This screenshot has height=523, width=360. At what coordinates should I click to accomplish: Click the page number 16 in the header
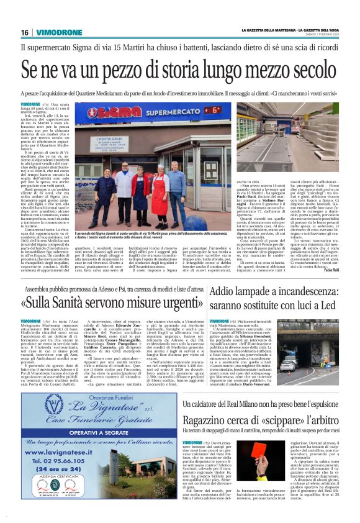point(25,32)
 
